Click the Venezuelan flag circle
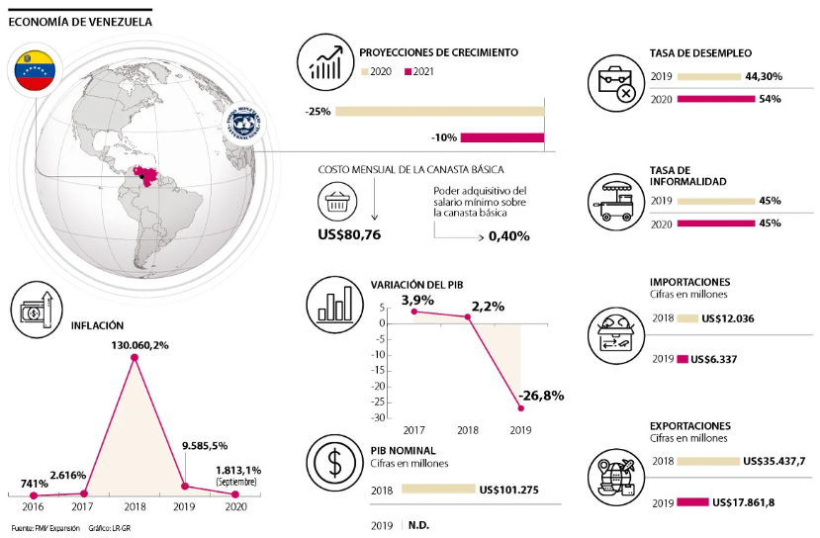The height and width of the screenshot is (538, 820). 39,70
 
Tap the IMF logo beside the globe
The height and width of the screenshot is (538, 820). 244,128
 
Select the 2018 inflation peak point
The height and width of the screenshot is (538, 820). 135,357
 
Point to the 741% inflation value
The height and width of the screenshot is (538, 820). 35,484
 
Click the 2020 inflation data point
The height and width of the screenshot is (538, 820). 235,494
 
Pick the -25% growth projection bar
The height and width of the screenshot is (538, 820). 440,111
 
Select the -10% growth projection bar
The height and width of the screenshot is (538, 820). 503,137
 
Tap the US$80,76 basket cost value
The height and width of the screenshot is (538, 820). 350,234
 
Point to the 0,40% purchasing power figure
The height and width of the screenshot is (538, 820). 508,236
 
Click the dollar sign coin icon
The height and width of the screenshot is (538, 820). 334,462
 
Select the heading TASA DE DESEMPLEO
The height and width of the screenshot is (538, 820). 700,52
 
